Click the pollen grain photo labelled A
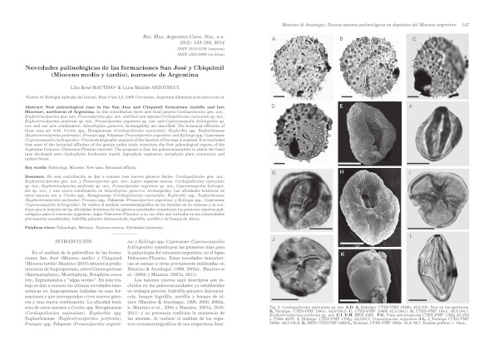coord(294,65)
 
